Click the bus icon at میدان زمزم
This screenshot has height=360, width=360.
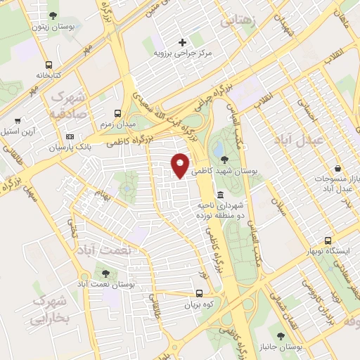coord(118,112)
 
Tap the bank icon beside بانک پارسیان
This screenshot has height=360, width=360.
coord(69,136)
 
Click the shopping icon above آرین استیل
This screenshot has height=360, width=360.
coord(18,120)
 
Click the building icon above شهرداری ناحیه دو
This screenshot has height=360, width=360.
coord(221,195)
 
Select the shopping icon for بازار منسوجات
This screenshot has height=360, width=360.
coord(339,169)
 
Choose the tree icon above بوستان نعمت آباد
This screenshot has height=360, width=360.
coord(106,273)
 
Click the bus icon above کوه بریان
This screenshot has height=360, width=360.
coord(200,294)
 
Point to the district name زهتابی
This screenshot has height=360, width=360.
coord(240,22)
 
